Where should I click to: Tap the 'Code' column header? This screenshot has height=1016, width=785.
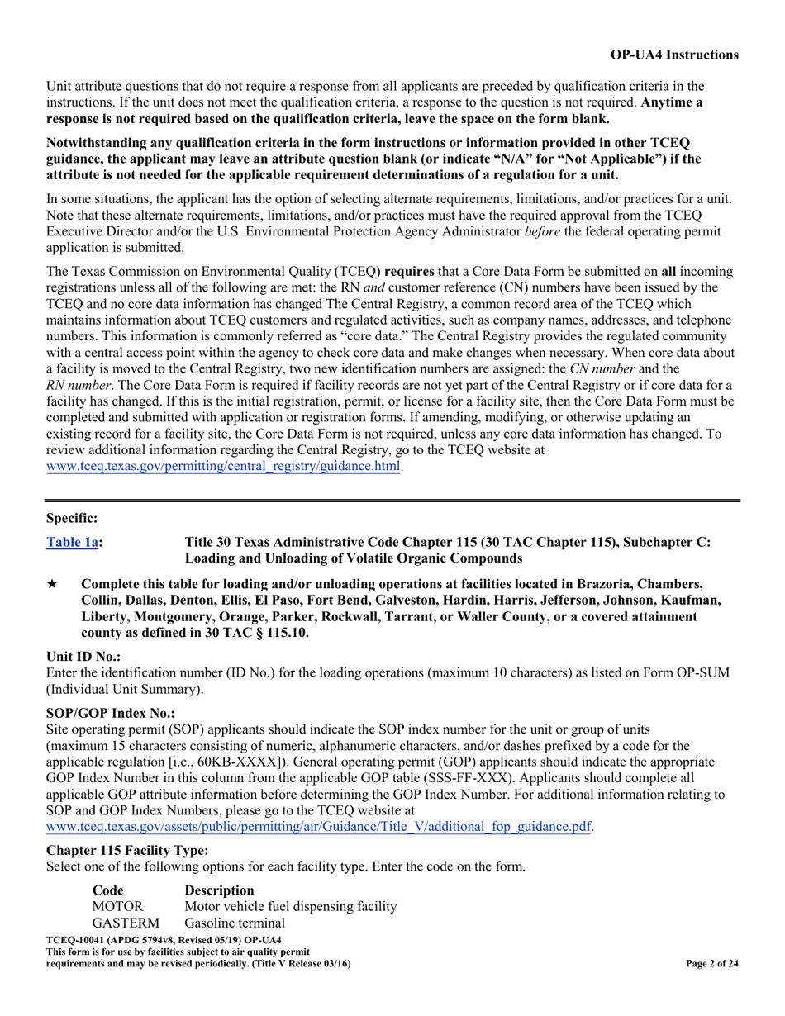107,890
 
